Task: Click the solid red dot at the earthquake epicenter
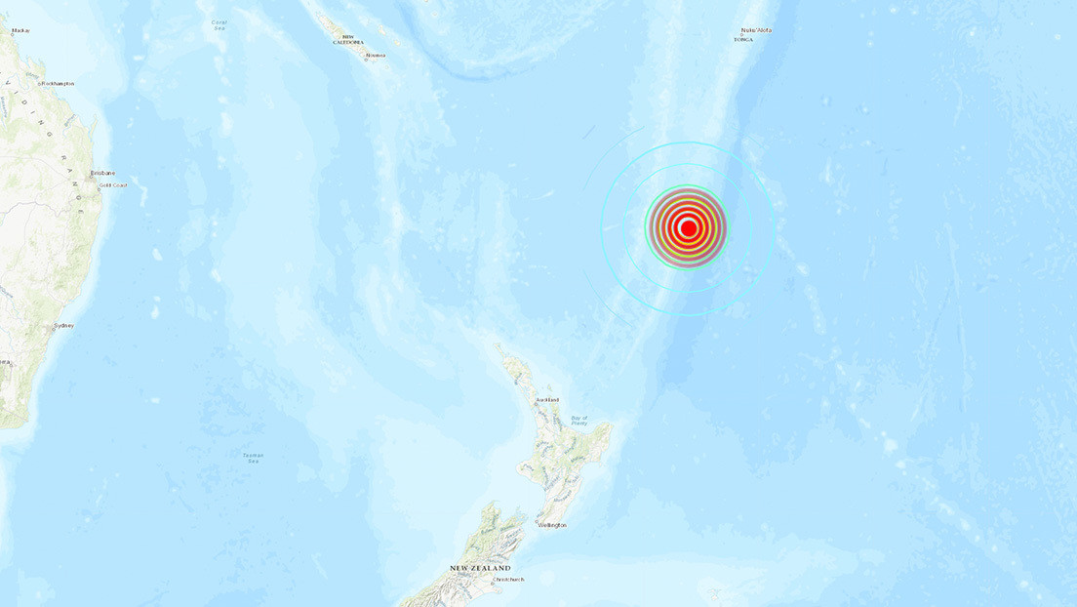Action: [x=688, y=228]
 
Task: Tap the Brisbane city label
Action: [x=102, y=173]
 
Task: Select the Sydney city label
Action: [x=64, y=325]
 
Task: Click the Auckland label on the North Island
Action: [x=546, y=400]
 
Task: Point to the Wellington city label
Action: [x=551, y=525]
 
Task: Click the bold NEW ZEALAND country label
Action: [x=480, y=568]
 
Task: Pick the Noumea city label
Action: [x=376, y=56]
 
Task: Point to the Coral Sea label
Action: [x=219, y=25]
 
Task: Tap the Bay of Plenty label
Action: [x=579, y=421]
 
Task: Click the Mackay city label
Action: [x=20, y=31]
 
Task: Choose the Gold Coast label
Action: [x=112, y=184]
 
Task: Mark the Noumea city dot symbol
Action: [x=364, y=55]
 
